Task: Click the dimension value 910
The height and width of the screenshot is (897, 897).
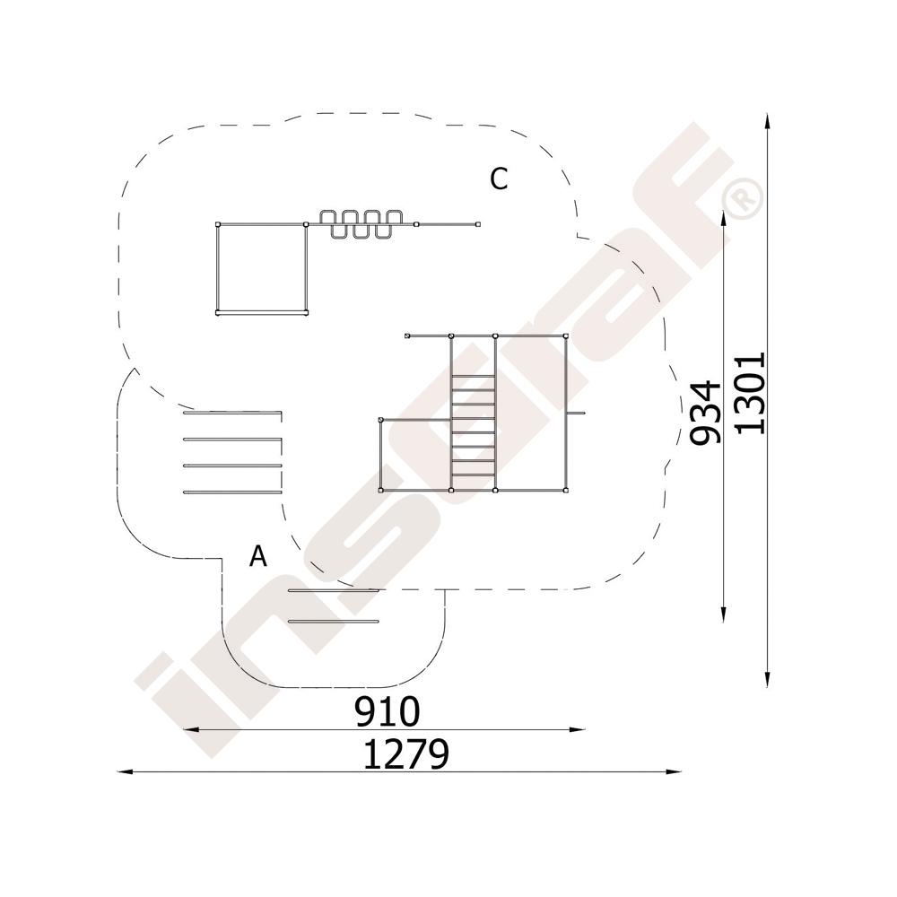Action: click(388, 711)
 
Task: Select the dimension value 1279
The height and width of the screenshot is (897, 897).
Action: click(406, 754)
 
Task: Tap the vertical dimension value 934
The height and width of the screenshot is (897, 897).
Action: click(705, 413)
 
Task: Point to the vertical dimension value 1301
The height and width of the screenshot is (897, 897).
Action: click(750, 393)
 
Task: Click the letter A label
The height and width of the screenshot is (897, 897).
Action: click(258, 555)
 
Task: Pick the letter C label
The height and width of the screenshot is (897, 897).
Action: click(498, 179)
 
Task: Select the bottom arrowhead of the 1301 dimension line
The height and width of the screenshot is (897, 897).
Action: click(767, 680)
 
